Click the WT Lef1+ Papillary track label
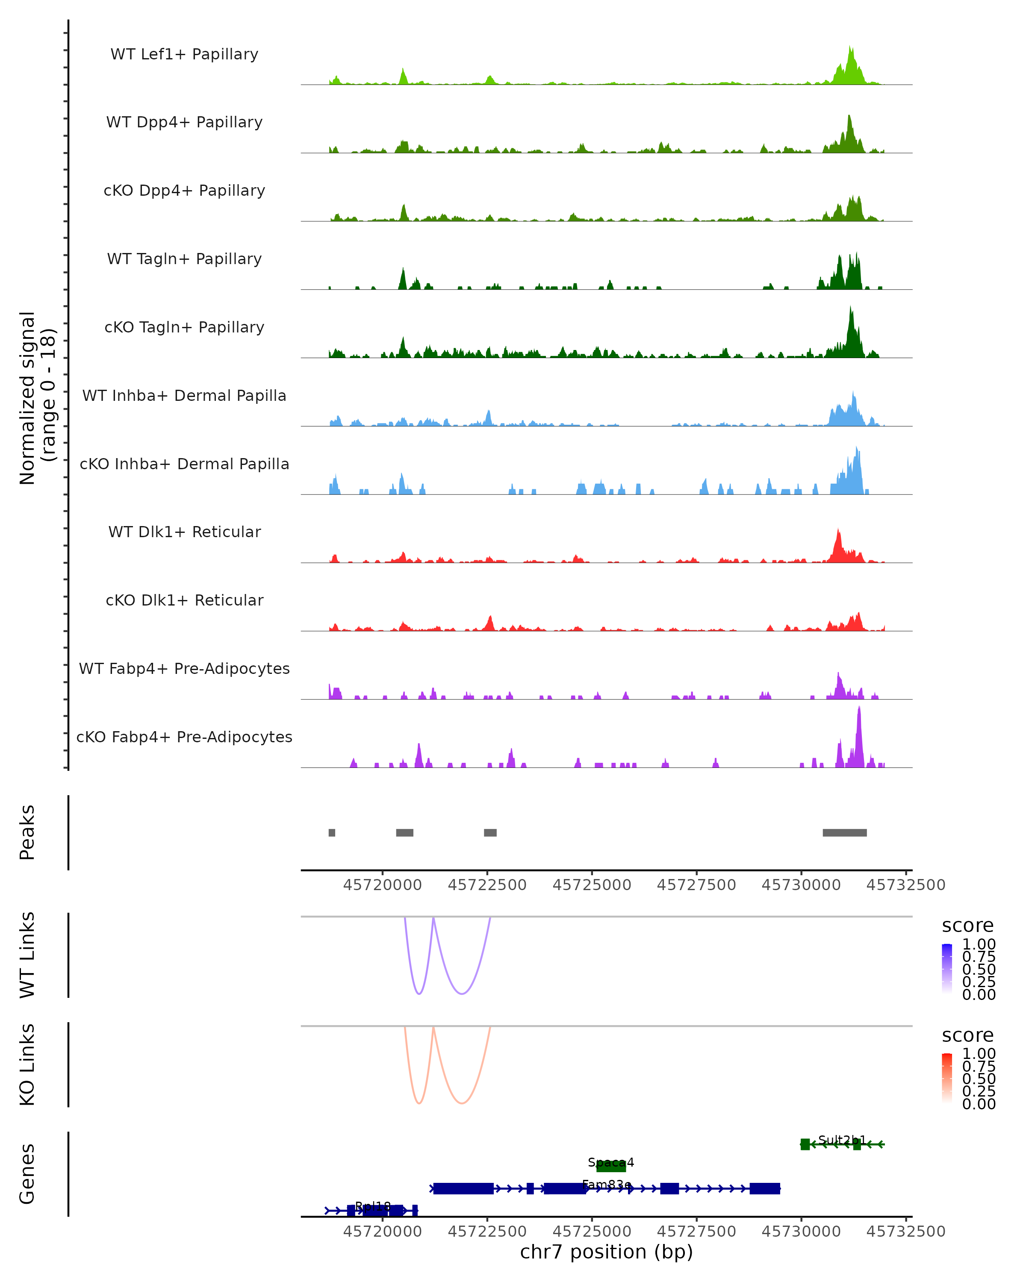point(184,54)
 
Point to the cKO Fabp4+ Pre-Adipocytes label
point(184,737)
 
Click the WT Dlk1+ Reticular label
point(184,532)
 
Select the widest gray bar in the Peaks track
point(845,832)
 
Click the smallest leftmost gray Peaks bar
point(332,832)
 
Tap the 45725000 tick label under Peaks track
point(592,885)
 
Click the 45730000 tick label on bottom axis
point(801,1232)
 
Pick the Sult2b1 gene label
point(842,1140)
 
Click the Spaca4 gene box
point(611,1165)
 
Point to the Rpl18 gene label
point(373,1206)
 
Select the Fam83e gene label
point(607,1185)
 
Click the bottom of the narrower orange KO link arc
point(419,1104)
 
